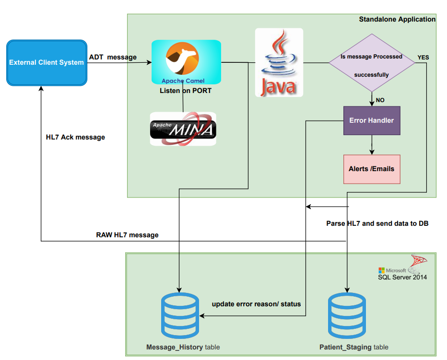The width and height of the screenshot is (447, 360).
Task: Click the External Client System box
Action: coord(47,62)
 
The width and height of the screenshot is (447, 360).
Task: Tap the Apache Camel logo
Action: coord(186,62)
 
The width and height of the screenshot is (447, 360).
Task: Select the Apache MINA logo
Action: coord(183,129)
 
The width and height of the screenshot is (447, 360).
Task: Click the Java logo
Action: coord(279,63)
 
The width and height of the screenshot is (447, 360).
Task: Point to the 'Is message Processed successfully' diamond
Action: coord(371,63)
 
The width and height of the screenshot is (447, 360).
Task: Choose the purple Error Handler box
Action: coord(371,120)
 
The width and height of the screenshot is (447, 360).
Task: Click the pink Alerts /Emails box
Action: coord(371,169)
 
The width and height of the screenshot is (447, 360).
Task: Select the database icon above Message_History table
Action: coord(179,316)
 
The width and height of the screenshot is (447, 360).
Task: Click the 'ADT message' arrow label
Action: coord(113,57)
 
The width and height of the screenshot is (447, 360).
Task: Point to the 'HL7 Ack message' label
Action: coord(75,137)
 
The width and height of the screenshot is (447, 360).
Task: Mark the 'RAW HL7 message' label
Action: coord(127,235)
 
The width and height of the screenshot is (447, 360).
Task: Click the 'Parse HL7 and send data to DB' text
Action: coord(377,223)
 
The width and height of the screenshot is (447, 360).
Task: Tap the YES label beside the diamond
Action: coord(423,57)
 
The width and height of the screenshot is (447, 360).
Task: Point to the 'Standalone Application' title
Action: coord(397,20)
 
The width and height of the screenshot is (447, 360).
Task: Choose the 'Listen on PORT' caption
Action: coord(185,91)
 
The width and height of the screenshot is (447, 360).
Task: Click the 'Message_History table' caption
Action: coord(183,347)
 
